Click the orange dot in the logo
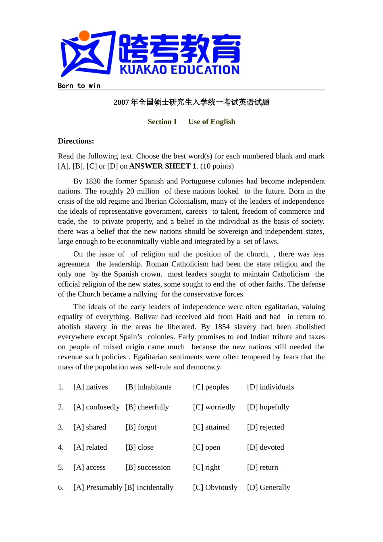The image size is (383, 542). click(84, 36)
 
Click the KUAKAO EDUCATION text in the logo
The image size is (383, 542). click(179, 70)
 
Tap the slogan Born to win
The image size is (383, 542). click(79, 85)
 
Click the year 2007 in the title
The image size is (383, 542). click(121, 102)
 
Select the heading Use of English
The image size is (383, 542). click(212, 122)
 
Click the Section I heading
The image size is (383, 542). click(162, 122)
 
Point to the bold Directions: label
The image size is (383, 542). click(76, 141)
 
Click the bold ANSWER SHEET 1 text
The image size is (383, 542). click(163, 166)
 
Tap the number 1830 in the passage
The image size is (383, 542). click(93, 181)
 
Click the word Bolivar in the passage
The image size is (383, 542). click(147, 317)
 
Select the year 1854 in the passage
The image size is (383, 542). click(222, 327)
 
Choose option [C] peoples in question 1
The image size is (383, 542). click(211, 387)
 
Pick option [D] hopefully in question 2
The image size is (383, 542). click(268, 407)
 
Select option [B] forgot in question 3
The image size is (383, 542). click(141, 427)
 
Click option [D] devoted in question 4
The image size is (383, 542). click(265, 448)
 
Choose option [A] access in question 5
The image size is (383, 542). click(90, 468)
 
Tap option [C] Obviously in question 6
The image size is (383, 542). click(215, 488)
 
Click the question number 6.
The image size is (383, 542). click(60, 488)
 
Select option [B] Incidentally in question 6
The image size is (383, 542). click(149, 488)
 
